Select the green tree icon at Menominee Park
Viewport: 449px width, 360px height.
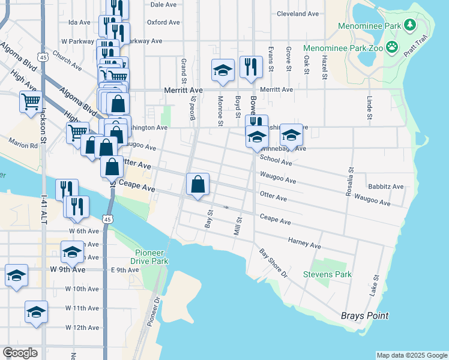point(410,25)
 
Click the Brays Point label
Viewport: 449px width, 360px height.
point(364,316)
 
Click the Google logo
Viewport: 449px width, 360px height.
point(20,352)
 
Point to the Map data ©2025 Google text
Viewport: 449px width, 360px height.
point(412,355)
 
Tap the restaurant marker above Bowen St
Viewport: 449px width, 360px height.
point(249,67)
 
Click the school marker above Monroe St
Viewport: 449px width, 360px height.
point(223,70)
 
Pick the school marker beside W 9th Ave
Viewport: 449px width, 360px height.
point(16,276)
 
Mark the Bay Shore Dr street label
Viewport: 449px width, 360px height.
point(274,263)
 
